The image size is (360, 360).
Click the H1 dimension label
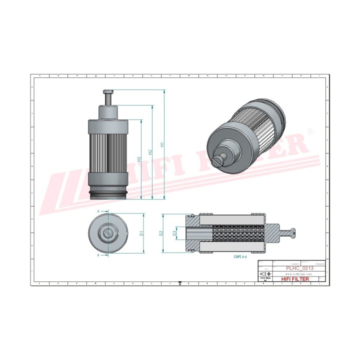[x=162, y=145]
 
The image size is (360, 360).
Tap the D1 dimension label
[x=141, y=233]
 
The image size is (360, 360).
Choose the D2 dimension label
[x=161, y=233]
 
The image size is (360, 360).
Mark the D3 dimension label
[x=174, y=233]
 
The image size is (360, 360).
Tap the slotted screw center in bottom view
[x=108, y=233]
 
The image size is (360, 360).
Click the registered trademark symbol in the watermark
[x=309, y=131]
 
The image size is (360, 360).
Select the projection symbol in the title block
[x=264, y=274]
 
